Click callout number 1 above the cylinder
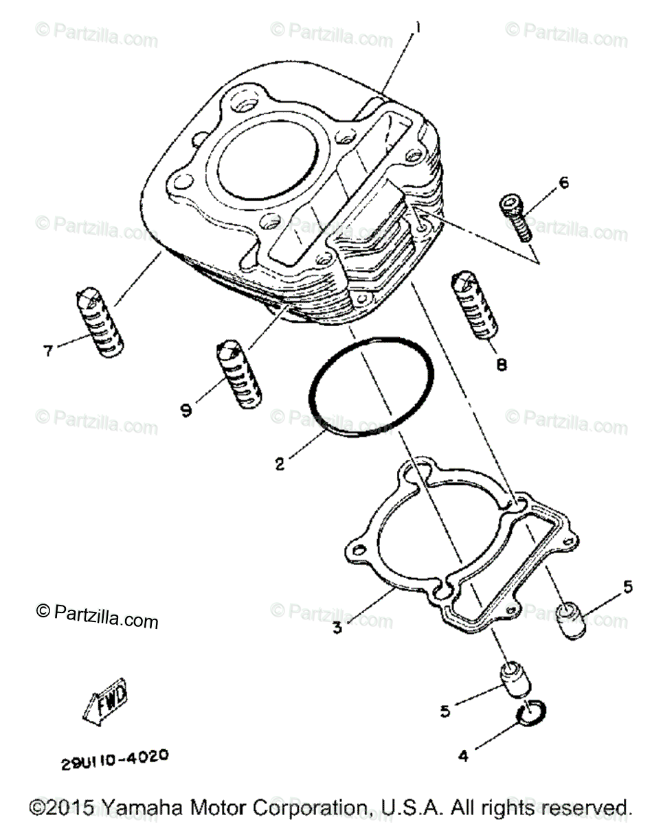416,28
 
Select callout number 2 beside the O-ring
280,464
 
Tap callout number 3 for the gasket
337,628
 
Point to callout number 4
463,756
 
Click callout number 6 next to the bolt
563,183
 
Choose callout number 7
48,351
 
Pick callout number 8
502,365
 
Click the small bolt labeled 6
514,216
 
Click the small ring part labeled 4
530,715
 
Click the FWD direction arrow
105,704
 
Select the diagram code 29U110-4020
114,761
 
